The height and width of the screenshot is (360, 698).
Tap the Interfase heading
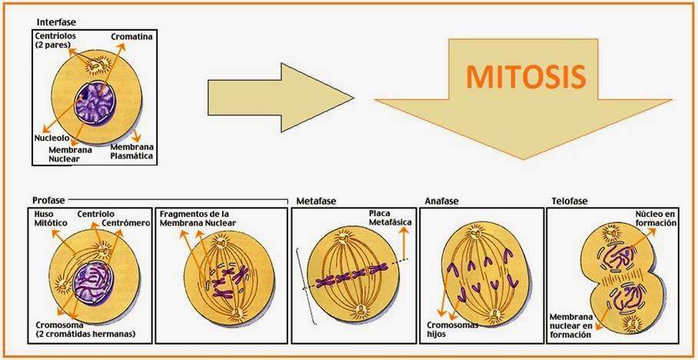pos(57,23)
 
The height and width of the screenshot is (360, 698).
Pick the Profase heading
pos(48,201)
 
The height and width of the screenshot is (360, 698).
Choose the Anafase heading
pos(441,201)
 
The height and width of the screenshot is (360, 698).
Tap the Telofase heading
pos(570,201)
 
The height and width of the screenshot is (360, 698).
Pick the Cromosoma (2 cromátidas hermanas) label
pos(85,329)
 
